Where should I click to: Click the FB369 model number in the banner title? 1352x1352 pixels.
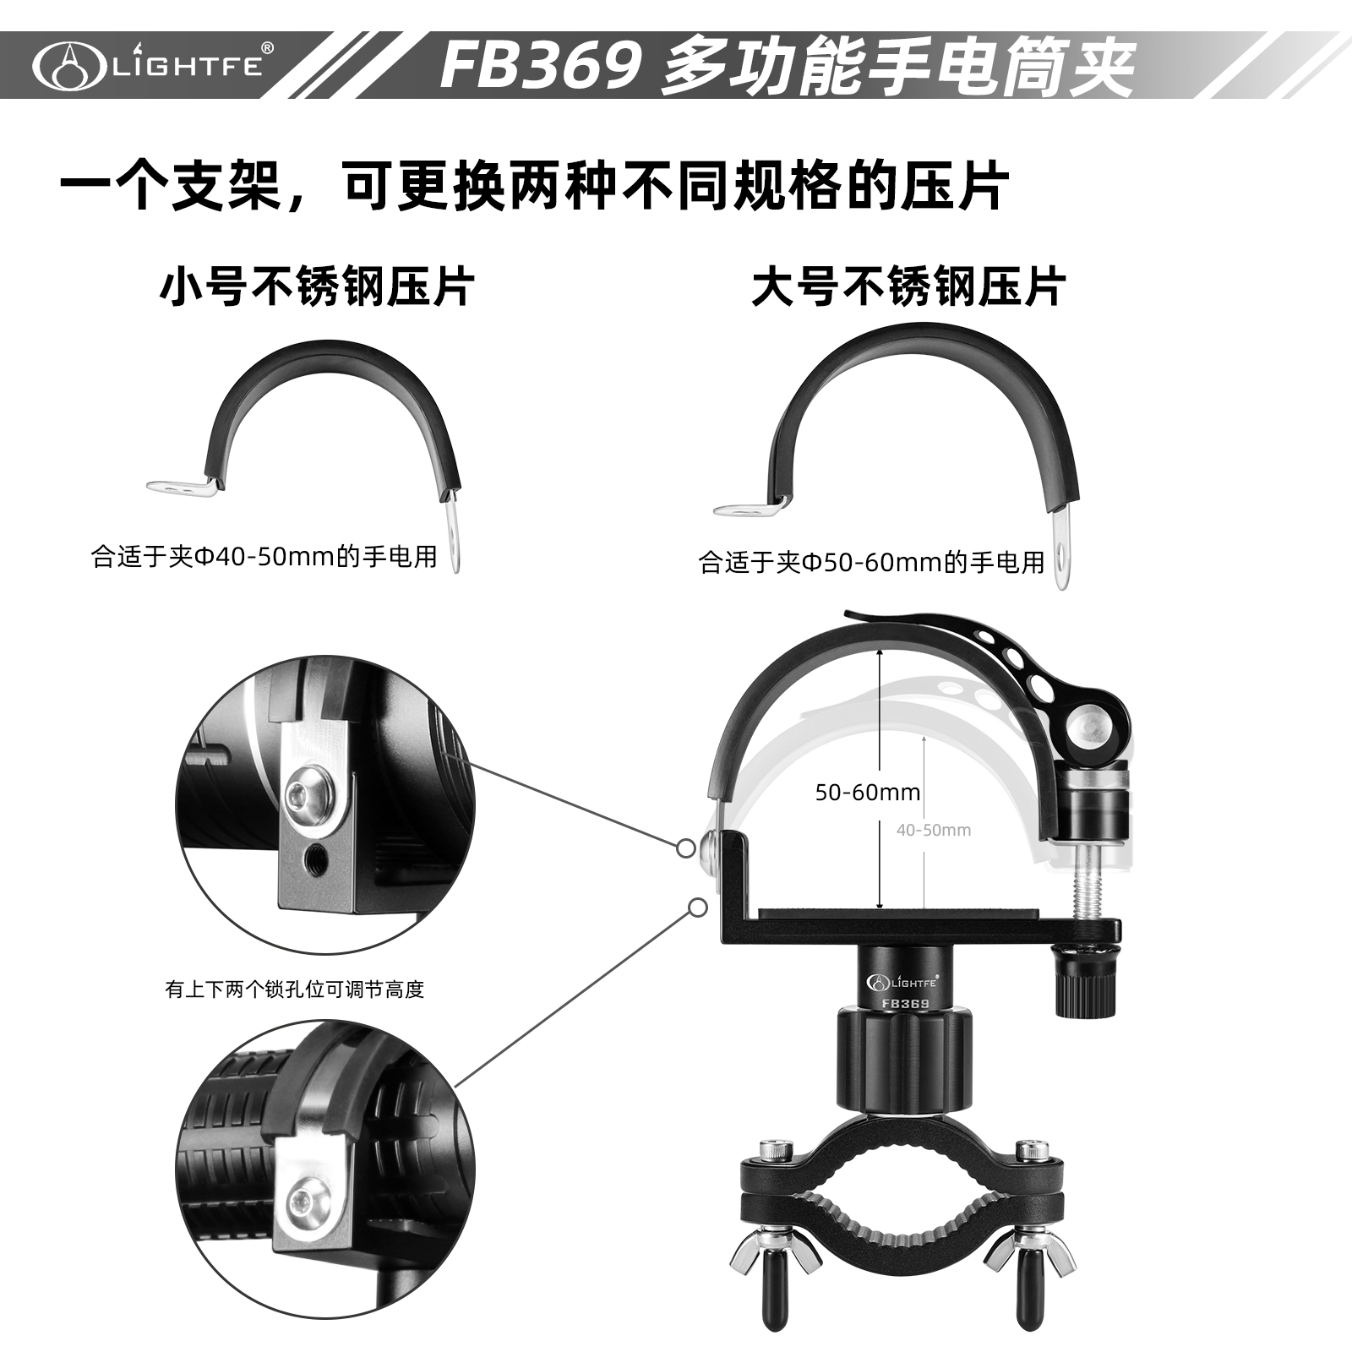pos(540,66)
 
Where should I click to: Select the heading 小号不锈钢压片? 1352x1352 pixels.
pos(317,286)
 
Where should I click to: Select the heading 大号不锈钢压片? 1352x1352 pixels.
pos(908,286)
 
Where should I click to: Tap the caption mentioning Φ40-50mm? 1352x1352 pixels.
pos(264,557)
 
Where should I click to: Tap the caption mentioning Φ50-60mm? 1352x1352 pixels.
pos(872,562)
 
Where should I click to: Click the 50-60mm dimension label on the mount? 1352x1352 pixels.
pos(868,793)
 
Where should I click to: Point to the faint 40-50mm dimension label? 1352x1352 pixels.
pos(934,830)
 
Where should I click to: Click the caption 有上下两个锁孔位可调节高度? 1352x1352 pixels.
pos(295,989)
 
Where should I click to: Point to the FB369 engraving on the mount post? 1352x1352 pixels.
pos(905,1004)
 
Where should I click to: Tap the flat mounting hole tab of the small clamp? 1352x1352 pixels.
pos(177,486)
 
